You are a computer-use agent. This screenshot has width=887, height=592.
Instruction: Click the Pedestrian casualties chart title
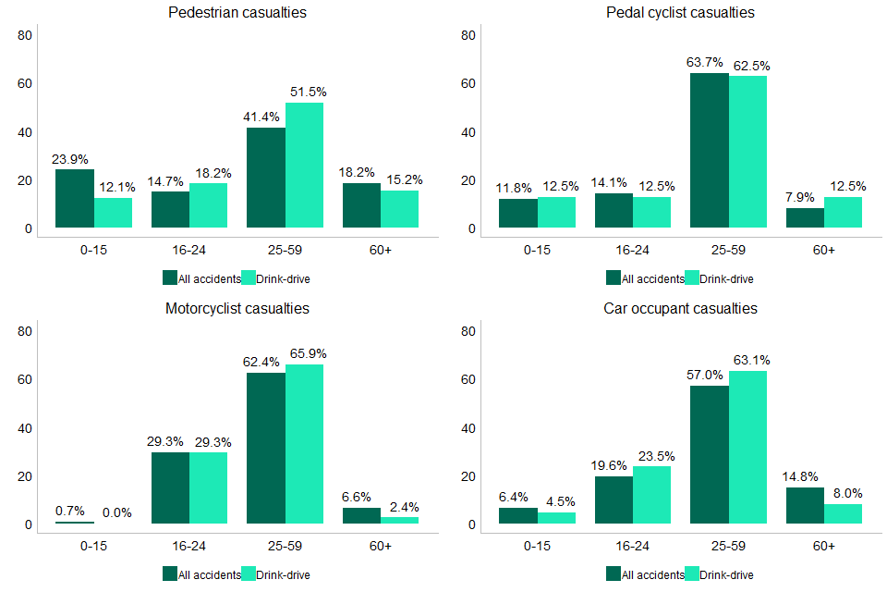click(237, 13)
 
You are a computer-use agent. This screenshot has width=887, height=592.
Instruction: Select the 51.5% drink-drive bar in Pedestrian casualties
click(304, 165)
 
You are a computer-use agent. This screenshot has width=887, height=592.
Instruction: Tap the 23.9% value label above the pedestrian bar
click(74, 159)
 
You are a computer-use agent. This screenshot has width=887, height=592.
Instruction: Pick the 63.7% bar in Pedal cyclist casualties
click(710, 150)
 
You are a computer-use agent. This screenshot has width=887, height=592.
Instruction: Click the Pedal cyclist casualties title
click(680, 13)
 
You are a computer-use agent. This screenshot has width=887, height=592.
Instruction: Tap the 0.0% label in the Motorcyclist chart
click(113, 511)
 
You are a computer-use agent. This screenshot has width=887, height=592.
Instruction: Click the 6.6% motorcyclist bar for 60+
click(361, 515)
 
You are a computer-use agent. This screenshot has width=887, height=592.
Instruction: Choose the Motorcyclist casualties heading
click(237, 308)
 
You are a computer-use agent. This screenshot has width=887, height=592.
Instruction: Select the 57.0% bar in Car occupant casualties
click(710, 454)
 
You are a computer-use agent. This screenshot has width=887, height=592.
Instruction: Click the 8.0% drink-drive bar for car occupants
click(843, 513)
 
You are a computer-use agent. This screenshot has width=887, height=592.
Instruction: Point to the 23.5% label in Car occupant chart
click(651, 456)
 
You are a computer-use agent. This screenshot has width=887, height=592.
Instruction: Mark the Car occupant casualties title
click(680, 308)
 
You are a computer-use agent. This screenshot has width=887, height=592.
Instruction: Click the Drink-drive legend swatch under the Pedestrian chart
click(248, 277)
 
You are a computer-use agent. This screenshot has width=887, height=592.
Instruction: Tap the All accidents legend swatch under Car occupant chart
click(614, 573)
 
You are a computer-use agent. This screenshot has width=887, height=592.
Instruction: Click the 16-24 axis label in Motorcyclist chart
click(189, 546)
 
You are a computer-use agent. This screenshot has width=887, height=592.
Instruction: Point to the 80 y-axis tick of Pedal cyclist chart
click(468, 36)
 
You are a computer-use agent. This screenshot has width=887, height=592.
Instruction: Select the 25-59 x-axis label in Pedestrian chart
click(285, 250)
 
